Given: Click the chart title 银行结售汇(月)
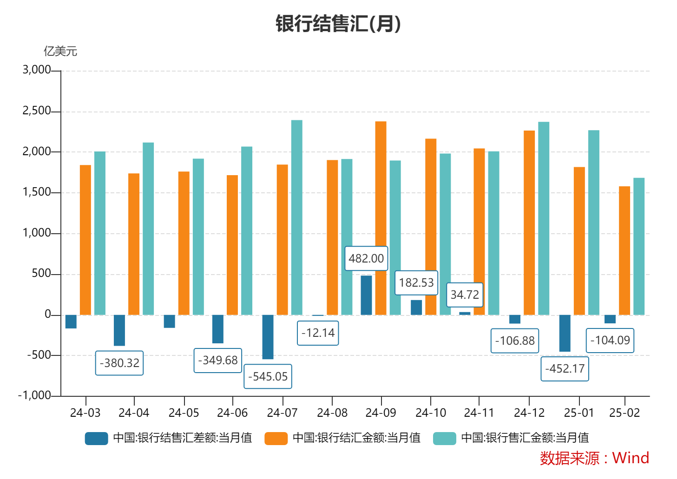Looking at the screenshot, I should pos(338,24).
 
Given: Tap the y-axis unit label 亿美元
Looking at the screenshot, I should pos(60,51).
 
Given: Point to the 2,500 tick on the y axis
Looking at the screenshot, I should pos(37,111).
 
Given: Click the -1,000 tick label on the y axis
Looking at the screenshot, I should pos(34,395).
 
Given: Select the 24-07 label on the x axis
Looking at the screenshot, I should pos(282,413).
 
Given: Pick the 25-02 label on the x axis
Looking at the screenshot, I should pos(624,413).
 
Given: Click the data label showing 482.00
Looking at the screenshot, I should pos(366,258).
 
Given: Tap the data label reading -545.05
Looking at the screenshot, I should pos(268,376).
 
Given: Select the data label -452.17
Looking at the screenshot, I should pos(565,369).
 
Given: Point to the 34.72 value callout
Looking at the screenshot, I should pos(465,295).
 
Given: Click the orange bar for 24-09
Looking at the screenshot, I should pos(381,218).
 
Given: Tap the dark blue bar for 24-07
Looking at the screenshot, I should pos(268,337).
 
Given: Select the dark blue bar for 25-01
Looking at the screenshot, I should pos(565,333).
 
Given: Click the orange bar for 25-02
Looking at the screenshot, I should pos(624,251).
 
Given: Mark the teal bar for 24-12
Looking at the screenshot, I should pos(544,218).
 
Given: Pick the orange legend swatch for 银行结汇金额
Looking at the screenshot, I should pos(276,438).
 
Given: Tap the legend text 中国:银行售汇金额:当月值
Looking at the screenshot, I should pos(525,438).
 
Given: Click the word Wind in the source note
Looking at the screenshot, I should pos(631,458).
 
